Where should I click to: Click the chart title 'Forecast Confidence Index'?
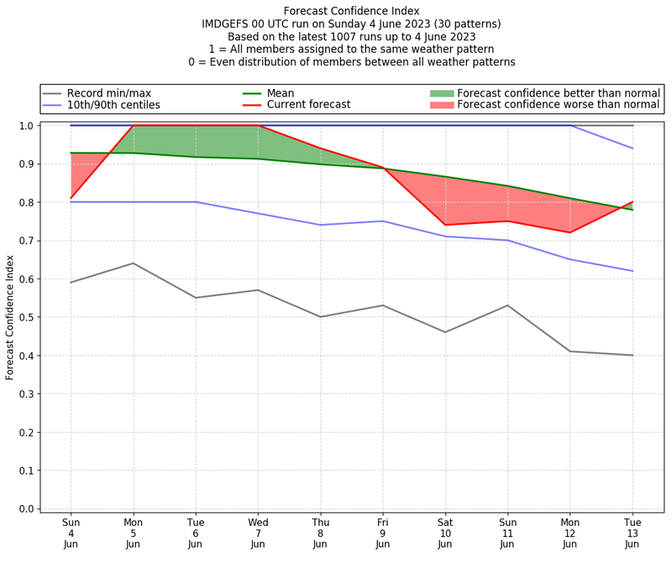pos(351,11)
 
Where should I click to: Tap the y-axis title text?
pos(10,316)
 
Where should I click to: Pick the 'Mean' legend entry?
pos(281,92)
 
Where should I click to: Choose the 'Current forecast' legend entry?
pos(308,105)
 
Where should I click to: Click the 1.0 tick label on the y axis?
pos(26,126)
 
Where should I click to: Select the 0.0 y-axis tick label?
pos(26,509)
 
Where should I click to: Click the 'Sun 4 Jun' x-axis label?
pos(71,533)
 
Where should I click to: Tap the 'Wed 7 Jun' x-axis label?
pos(258,533)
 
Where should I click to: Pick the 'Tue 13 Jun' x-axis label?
pos(632,533)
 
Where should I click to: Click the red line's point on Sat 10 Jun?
pos(445,225)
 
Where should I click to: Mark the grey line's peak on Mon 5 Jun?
pos(134,263)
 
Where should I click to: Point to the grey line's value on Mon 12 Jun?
pos(570,351)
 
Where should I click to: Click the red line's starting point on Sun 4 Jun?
pos(71,198)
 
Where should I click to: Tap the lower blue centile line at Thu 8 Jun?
pos(320,225)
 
